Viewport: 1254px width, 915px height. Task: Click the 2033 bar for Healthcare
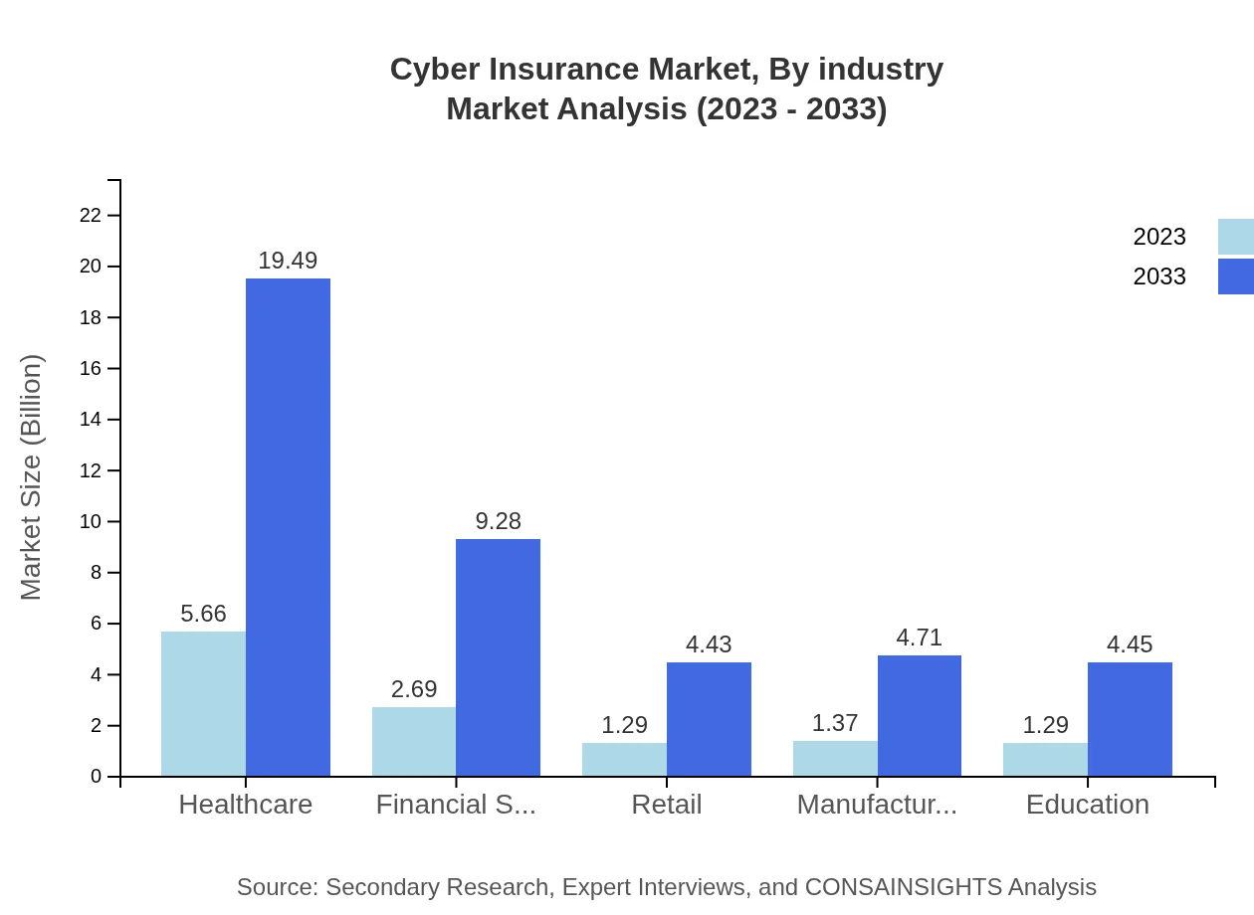click(288, 527)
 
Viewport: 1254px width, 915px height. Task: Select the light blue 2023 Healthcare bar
click(203, 704)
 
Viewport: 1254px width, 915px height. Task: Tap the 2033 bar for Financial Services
click(498, 657)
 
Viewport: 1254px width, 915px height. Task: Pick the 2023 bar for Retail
click(624, 759)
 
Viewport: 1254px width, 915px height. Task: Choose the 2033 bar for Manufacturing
click(919, 716)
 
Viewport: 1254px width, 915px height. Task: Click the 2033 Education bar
click(1130, 719)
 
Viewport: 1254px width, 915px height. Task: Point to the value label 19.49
click(288, 261)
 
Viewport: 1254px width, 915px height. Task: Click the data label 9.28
click(498, 521)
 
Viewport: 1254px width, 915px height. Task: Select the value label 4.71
click(919, 638)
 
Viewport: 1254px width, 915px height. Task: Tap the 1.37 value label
click(834, 723)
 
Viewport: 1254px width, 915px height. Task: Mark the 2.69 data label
click(414, 689)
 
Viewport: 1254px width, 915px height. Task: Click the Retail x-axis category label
click(666, 805)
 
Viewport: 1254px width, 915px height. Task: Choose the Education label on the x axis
click(1087, 805)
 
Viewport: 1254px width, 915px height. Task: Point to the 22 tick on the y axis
click(91, 215)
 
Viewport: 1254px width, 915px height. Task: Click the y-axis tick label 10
click(91, 522)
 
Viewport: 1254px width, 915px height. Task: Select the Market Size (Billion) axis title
click(32, 477)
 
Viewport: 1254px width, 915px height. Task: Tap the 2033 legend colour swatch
click(1235, 276)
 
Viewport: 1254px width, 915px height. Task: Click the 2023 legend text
click(1159, 237)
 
